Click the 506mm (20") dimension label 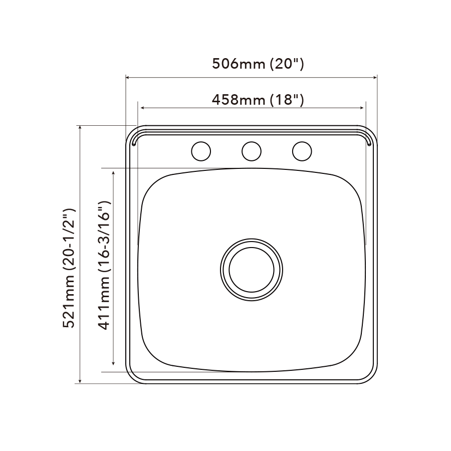(x=258, y=64)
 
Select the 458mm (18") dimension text (x=258, y=100)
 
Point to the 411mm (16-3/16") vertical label (x=104, y=265)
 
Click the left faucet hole (x=201, y=151)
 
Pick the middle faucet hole (x=252, y=151)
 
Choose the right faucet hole (x=302, y=151)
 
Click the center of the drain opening (x=252, y=270)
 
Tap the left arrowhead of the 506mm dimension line (x=128, y=77)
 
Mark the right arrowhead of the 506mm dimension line (x=375, y=77)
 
